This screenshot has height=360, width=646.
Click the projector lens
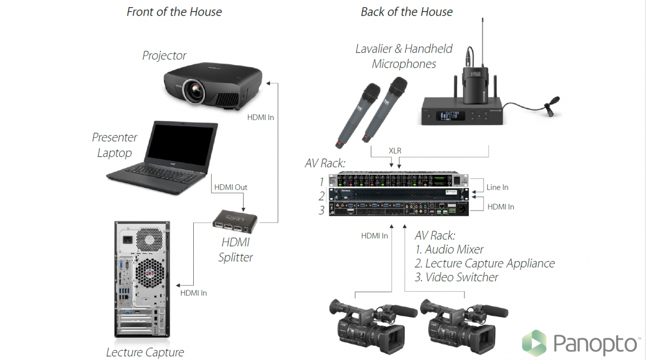tap(194, 89)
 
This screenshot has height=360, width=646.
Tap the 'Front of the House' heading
tap(174, 12)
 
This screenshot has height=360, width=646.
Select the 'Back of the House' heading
tap(406, 12)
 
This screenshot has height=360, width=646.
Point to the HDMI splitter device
tap(235, 221)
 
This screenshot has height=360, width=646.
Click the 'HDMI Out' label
tap(231, 187)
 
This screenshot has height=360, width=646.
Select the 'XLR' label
tap(396, 150)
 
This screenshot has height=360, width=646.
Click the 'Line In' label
tap(497, 187)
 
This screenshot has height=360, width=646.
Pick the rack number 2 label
tap(321, 196)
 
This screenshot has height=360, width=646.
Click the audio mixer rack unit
tap(399, 180)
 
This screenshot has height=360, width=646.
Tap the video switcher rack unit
tap(399, 209)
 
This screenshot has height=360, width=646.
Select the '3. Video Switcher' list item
tap(456, 277)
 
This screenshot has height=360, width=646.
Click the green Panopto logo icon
tap(534, 343)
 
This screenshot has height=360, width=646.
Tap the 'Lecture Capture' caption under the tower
tap(145, 352)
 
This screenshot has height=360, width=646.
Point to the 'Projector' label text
tap(164, 55)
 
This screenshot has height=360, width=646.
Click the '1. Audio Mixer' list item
tap(449, 249)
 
